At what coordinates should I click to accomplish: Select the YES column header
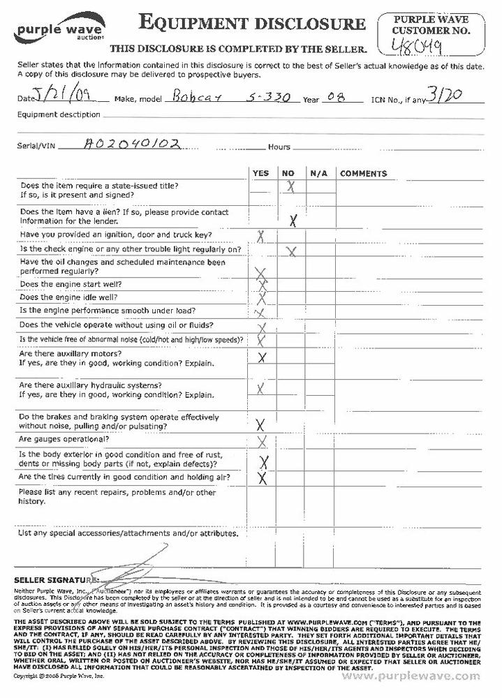point(260,173)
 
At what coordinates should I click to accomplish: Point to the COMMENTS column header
point(363,173)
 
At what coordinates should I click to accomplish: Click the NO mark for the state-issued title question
point(290,186)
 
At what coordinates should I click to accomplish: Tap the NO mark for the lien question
point(294,220)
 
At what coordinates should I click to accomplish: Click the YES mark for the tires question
point(263,478)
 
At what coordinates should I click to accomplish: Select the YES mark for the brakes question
point(261,424)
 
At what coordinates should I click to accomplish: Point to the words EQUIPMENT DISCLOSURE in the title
point(253,24)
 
